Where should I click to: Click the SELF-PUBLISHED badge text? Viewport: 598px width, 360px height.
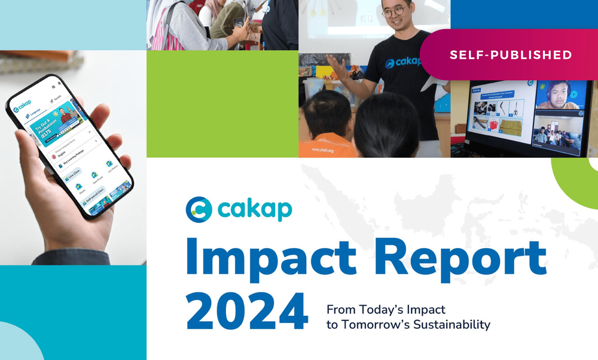coord(511,55)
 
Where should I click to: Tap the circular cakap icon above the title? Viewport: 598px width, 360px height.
coord(199,209)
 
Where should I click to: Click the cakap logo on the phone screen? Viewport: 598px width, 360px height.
coord(23,106)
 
